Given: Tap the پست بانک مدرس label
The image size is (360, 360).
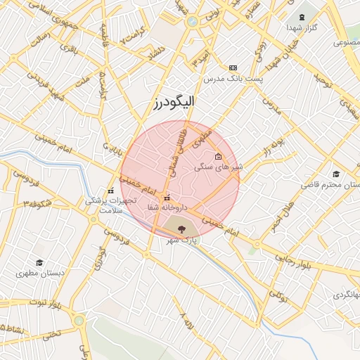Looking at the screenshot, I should point(233,79).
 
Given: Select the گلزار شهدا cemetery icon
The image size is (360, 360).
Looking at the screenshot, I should point(303,16).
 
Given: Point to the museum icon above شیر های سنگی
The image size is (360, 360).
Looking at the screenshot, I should point(218,157).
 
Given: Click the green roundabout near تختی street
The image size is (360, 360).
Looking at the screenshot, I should point(78,321).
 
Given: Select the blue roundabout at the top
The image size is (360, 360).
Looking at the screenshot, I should point(192,21).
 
